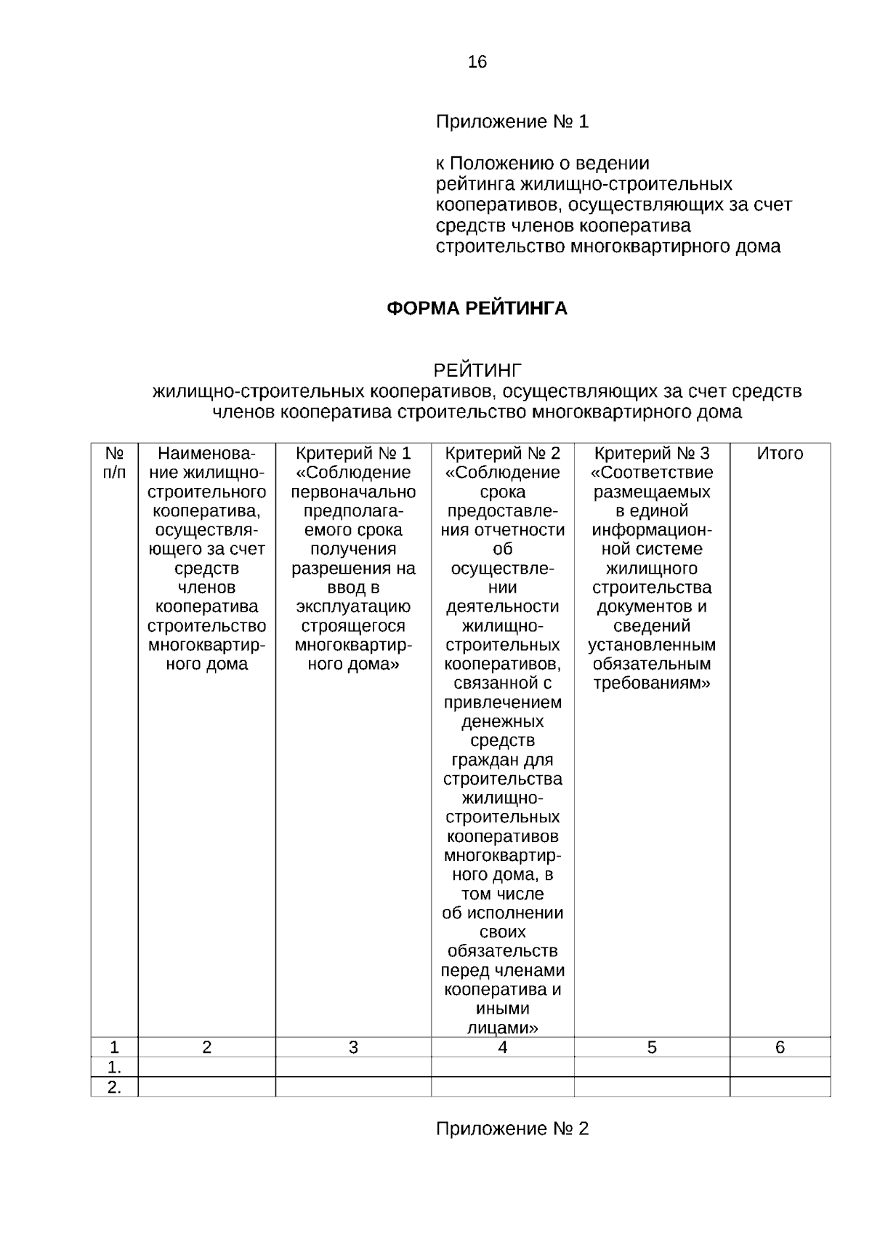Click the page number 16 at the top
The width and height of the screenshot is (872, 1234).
[477, 63]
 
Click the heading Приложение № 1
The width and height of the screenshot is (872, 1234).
[512, 122]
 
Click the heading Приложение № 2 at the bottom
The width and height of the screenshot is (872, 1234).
[512, 1129]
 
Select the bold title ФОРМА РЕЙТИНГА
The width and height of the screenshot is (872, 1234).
[477, 309]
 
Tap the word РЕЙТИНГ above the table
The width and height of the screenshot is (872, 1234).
[477, 371]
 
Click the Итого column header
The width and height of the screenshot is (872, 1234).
[780, 454]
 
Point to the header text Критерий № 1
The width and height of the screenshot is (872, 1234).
[353, 454]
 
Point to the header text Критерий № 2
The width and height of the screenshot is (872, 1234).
[502, 454]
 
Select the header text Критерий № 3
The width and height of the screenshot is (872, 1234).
[652, 454]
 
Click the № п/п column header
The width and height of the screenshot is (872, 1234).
[114, 463]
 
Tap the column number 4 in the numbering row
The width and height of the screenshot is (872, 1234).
[502, 1048]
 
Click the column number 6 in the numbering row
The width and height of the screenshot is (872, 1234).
[780, 1048]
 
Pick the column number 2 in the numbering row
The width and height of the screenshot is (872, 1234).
[207, 1048]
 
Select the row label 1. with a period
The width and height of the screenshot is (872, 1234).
[114, 1067]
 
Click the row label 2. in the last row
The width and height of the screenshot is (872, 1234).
[114, 1087]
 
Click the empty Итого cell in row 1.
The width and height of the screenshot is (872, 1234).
[780, 1067]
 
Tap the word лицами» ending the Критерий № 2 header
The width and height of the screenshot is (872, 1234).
[502, 1028]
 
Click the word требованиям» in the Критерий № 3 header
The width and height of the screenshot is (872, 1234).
[652, 684]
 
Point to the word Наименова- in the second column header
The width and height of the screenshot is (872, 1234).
[207, 454]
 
